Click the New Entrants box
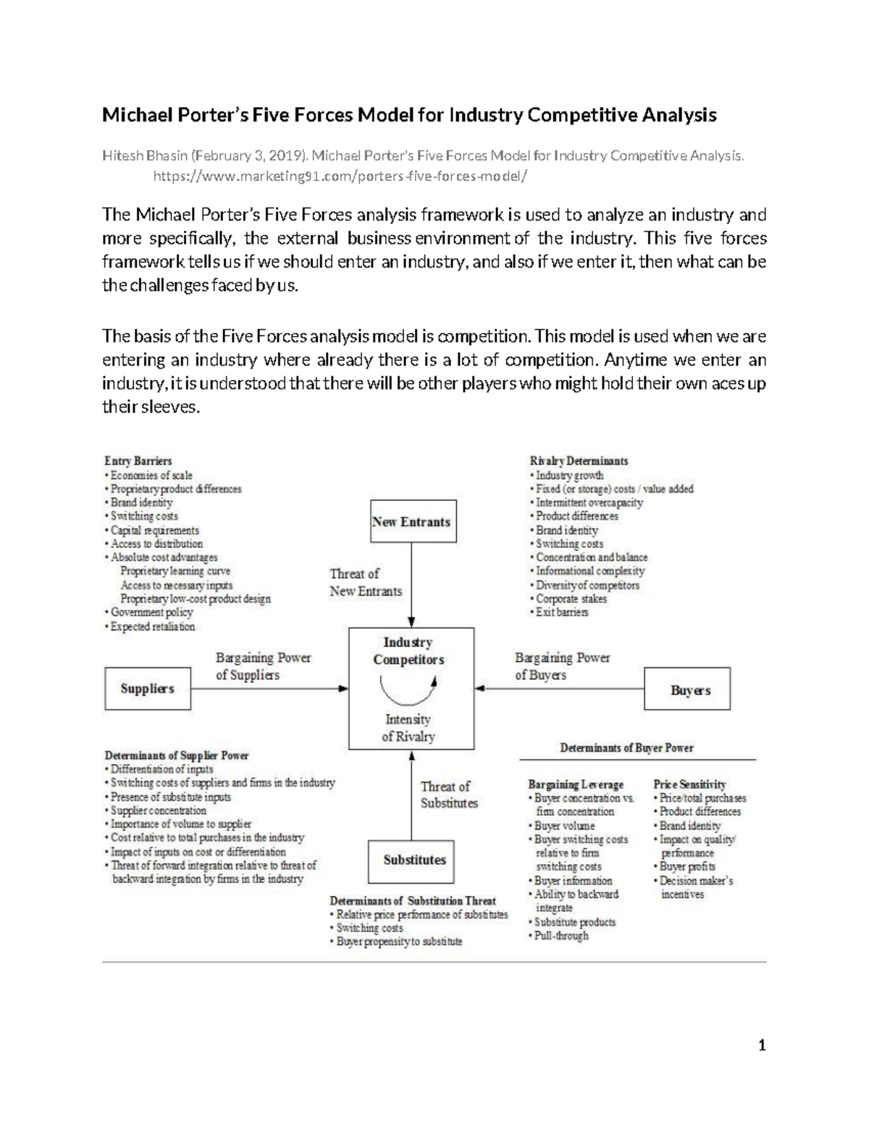(x=411, y=521)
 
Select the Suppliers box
(x=148, y=688)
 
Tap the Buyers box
(x=687, y=690)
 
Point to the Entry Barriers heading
(x=138, y=461)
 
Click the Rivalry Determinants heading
(x=579, y=461)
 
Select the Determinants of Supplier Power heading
(x=177, y=756)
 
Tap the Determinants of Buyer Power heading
(x=626, y=748)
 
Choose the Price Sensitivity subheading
(x=689, y=785)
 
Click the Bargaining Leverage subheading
(x=576, y=785)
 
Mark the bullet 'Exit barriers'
(x=562, y=612)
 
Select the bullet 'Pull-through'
(x=561, y=936)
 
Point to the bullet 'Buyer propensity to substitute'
(x=399, y=942)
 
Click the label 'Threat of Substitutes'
(x=449, y=795)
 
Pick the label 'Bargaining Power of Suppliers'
(x=263, y=667)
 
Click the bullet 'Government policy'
(x=151, y=612)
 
